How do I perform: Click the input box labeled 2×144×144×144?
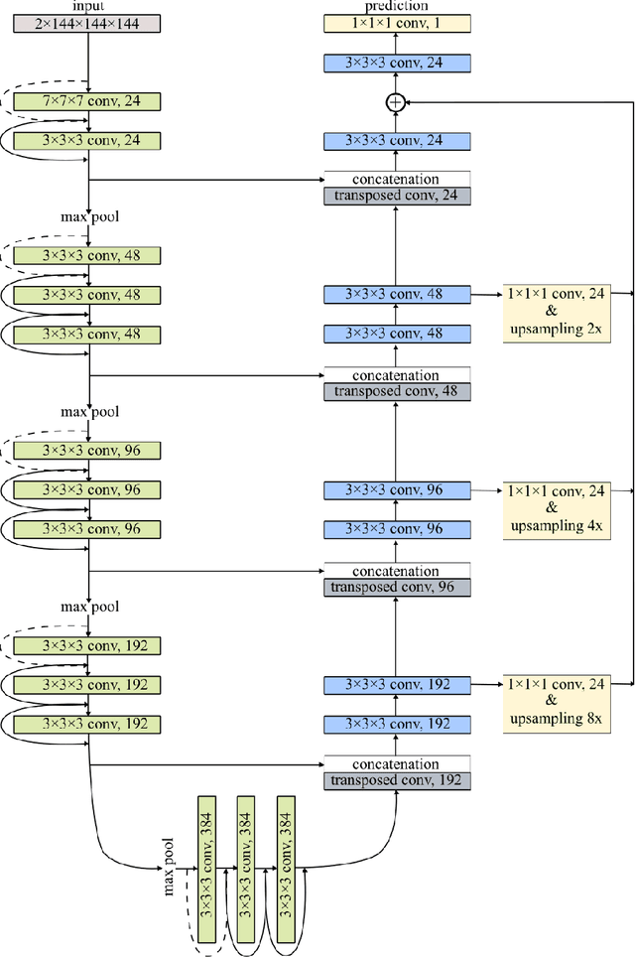point(88,23)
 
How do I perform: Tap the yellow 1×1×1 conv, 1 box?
point(397,23)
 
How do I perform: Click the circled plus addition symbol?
point(397,101)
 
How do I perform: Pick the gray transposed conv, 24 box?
point(397,196)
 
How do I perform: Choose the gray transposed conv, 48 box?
point(397,391)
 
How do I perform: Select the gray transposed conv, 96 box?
point(397,587)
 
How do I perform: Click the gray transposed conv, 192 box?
point(397,780)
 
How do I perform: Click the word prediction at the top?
point(397,7)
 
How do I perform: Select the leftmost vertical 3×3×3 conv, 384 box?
point(206,857)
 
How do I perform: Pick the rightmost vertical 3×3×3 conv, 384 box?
point(286,857)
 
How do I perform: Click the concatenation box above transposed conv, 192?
point(397,764)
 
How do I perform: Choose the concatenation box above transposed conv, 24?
point(397,179)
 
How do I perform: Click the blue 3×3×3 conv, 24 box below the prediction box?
point(397,63)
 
